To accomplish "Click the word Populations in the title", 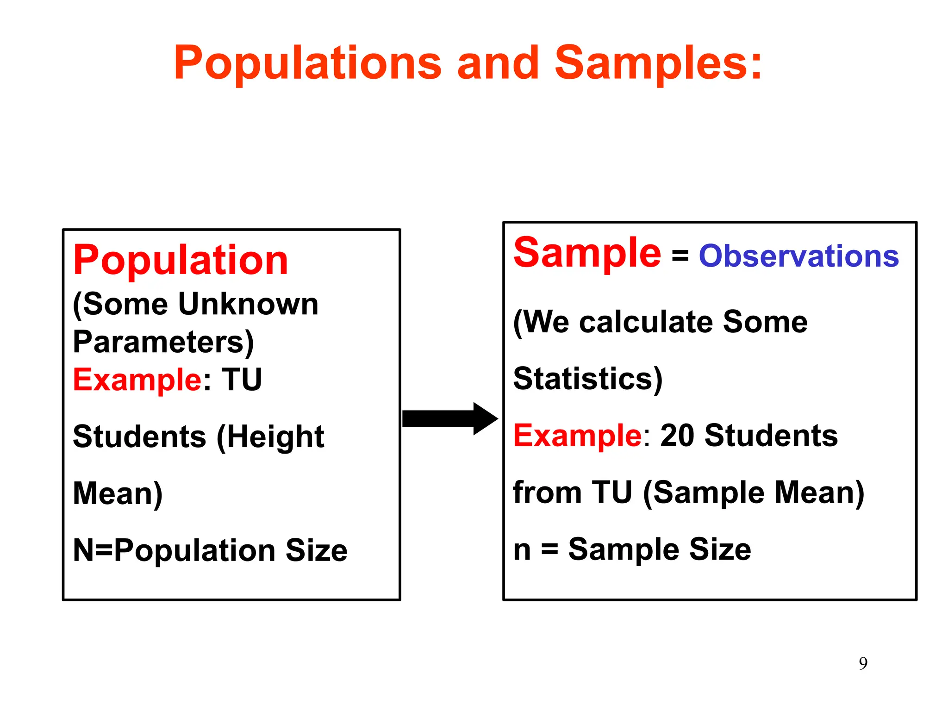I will pos(308,63).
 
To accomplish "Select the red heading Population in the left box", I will pos(181,260).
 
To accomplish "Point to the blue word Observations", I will pos(798,256).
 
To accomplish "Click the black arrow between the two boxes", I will pos(449,418).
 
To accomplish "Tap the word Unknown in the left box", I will pos(248,304).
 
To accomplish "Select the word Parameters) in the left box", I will pos(163,342).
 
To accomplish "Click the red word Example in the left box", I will pos(137,380).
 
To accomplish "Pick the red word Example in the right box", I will pos(577,436).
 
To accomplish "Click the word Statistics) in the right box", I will pos(588,379).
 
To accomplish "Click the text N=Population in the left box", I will pos(174,550).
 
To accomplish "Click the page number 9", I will pos(863,663).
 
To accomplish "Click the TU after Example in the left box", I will pos(242,380).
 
